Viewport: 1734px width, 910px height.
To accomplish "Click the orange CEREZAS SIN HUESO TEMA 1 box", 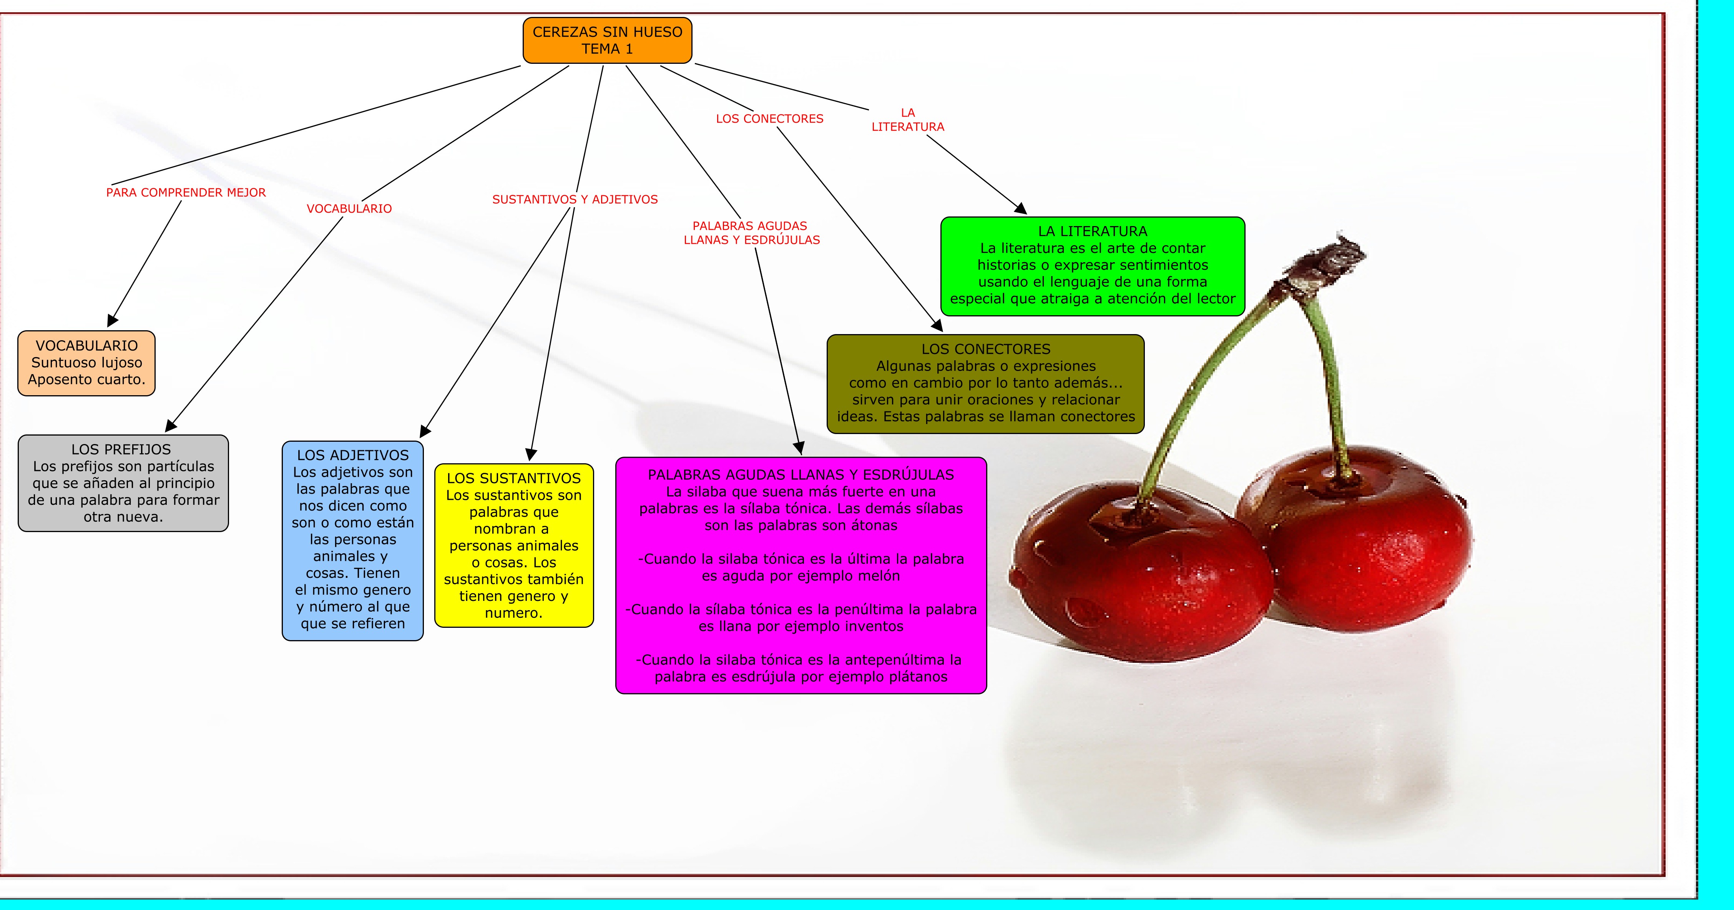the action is tap(607, 40).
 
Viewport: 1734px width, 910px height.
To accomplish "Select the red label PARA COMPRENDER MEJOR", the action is tap(186, 193).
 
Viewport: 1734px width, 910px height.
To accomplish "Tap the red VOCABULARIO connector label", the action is tap(349, 209).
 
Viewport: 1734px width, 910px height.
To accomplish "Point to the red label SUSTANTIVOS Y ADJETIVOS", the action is tap(575, 200).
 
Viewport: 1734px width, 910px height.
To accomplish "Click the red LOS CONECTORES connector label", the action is tap(769, 118).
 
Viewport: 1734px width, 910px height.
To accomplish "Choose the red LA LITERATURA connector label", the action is tap(907, 120).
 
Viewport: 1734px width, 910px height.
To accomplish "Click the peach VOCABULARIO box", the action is tap(86, 363).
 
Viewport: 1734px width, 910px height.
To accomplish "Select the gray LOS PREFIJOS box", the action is tap(123, 483).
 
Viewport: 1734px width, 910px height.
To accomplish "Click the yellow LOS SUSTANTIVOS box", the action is tap(513, 546).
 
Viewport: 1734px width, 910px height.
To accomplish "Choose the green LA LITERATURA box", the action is tap(1093, 266).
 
